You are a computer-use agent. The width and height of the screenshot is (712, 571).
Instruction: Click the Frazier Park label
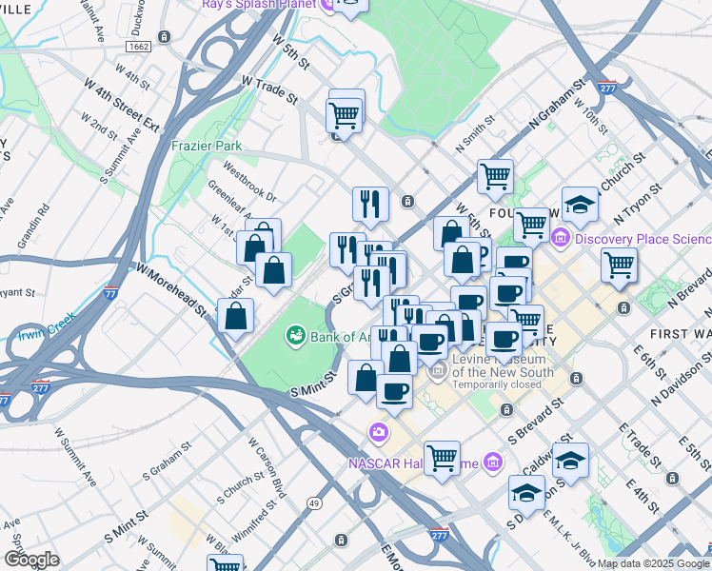(x=206, y=146)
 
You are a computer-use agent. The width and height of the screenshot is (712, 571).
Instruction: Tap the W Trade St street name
(x=269, y=91)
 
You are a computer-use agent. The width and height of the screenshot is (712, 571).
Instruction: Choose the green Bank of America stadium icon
(x=296, y=336)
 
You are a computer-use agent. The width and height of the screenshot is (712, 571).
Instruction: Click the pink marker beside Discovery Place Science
(x=562, y=238)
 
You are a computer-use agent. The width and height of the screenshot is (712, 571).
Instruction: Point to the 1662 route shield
(x=140, y=45)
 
